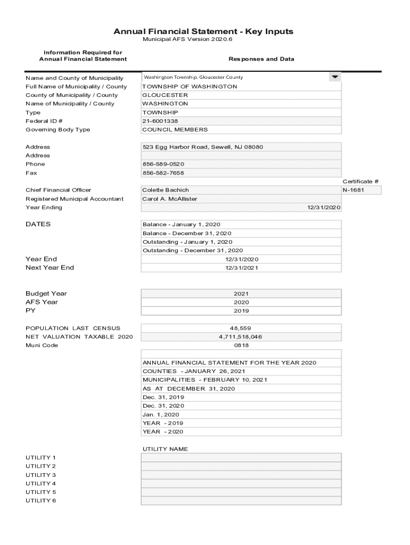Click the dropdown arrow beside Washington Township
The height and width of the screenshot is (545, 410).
pyautogui.click(x=334, y=77)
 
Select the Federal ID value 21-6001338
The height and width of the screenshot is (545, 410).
pyautogui.click(x=160, y=121)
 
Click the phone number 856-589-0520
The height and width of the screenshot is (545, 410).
pyautogui.click(x=163, y=164)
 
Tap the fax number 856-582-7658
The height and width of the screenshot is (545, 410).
pyautogui.click(x=163, y=173)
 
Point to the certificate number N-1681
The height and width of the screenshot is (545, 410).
pyautogui.click(x=354, y=190)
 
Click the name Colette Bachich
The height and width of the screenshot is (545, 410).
pyautogui.click(x=166, y=190)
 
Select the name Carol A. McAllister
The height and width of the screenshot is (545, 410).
pyautogui.click(x=169, y=199)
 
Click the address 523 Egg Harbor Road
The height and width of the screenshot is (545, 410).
pyautogui.click(x=202, y=147)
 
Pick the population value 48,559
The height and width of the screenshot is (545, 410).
pyautogui.click(x=241, y=328)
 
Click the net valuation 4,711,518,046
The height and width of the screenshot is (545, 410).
pyautogui.click(x=241, y=337)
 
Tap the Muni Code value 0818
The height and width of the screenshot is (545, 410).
pyautogui.click(x=241, y=345)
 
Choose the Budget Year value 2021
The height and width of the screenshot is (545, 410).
pyautogui.click(x=241, y=293)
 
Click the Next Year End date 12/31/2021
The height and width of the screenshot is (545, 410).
pyautogui.click(x=241, y=268)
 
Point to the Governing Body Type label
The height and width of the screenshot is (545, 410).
pyautogui.click(x=58, y=130)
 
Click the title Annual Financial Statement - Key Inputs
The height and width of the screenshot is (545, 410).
pyautogui.click(x=203, y=31)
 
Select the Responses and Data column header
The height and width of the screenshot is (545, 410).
pyautogui.click(x=261, y=59)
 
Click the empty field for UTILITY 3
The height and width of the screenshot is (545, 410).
pyautogui.click(x=241, y=475)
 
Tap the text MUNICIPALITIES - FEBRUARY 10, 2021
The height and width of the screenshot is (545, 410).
pyautogui.click(x=204, y=380)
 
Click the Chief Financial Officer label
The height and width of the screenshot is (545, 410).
pyautogui.click(x=58, y=190)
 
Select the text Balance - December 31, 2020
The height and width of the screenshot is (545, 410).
pyautogui.click(x=187, y=233)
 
